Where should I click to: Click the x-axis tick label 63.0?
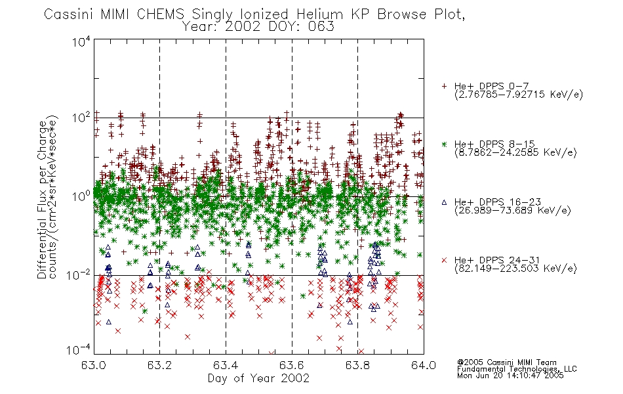pos(93,365)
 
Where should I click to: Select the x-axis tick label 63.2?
pos(159,365)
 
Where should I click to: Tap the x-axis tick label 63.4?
pos(226,365)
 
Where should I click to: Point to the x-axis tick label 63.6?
pos(292,365)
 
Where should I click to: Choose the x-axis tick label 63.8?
pos(357,365)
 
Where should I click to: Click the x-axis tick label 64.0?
pos(424,365)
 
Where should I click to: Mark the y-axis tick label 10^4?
pos(81,41)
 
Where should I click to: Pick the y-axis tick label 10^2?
pos(81,118)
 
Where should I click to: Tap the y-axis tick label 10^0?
pos(81,196)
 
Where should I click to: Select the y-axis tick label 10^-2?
pos(79,274)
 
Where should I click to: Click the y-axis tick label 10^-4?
pos(79,349)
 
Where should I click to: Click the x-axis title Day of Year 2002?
pos(258,378)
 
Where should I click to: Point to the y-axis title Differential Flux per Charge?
pos(43,200)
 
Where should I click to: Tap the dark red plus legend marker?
pos(444,86)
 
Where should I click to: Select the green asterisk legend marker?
pos(444,144)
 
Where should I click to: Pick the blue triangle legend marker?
pos(444,202)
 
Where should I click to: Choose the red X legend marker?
pos(444,260)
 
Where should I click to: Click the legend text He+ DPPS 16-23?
pos(498,202)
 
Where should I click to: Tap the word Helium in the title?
pos(320,14)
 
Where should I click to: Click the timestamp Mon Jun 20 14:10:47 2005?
pos(510,376)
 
